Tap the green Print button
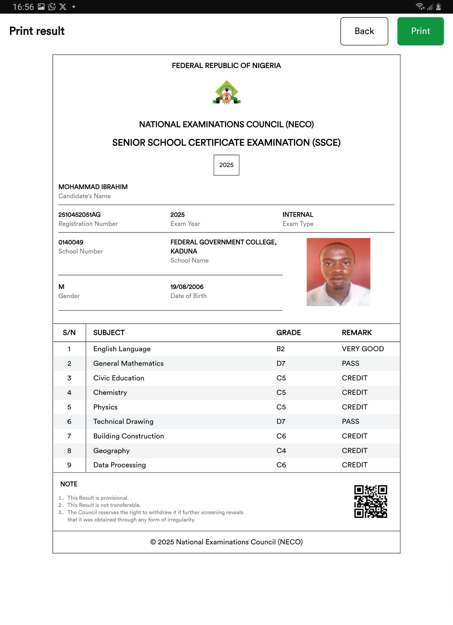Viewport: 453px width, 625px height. (x=420, y=31)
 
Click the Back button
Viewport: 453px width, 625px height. (x=364, y=31)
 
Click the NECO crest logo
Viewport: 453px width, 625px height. (x=226, y=92)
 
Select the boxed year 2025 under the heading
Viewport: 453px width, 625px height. (x=226, y=165)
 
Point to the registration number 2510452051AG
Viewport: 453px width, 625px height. (x=79, y=215)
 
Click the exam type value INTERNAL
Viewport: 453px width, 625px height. (x=298, y=215)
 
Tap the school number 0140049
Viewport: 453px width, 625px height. (x=71, y=242)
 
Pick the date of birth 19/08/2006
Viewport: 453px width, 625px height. (x=187, y=287)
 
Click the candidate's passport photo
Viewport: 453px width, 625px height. (x=338, y=272)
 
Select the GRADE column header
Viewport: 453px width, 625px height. (x=288, y=333)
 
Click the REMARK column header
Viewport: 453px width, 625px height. (x=356, y=333)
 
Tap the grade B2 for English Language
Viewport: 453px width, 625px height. (x=280, y=349)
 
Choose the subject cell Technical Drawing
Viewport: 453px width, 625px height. (x=123, y=421)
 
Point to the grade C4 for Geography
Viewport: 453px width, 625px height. (x=281, y=451)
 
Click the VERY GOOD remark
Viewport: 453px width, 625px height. (x=363, y=349)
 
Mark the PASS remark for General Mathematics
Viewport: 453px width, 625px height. (x=350, y=364)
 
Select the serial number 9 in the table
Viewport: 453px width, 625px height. (x=69, y=465)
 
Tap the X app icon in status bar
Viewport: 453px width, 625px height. (x=63, y=7)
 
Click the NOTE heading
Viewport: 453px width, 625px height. (x=69, y=484)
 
